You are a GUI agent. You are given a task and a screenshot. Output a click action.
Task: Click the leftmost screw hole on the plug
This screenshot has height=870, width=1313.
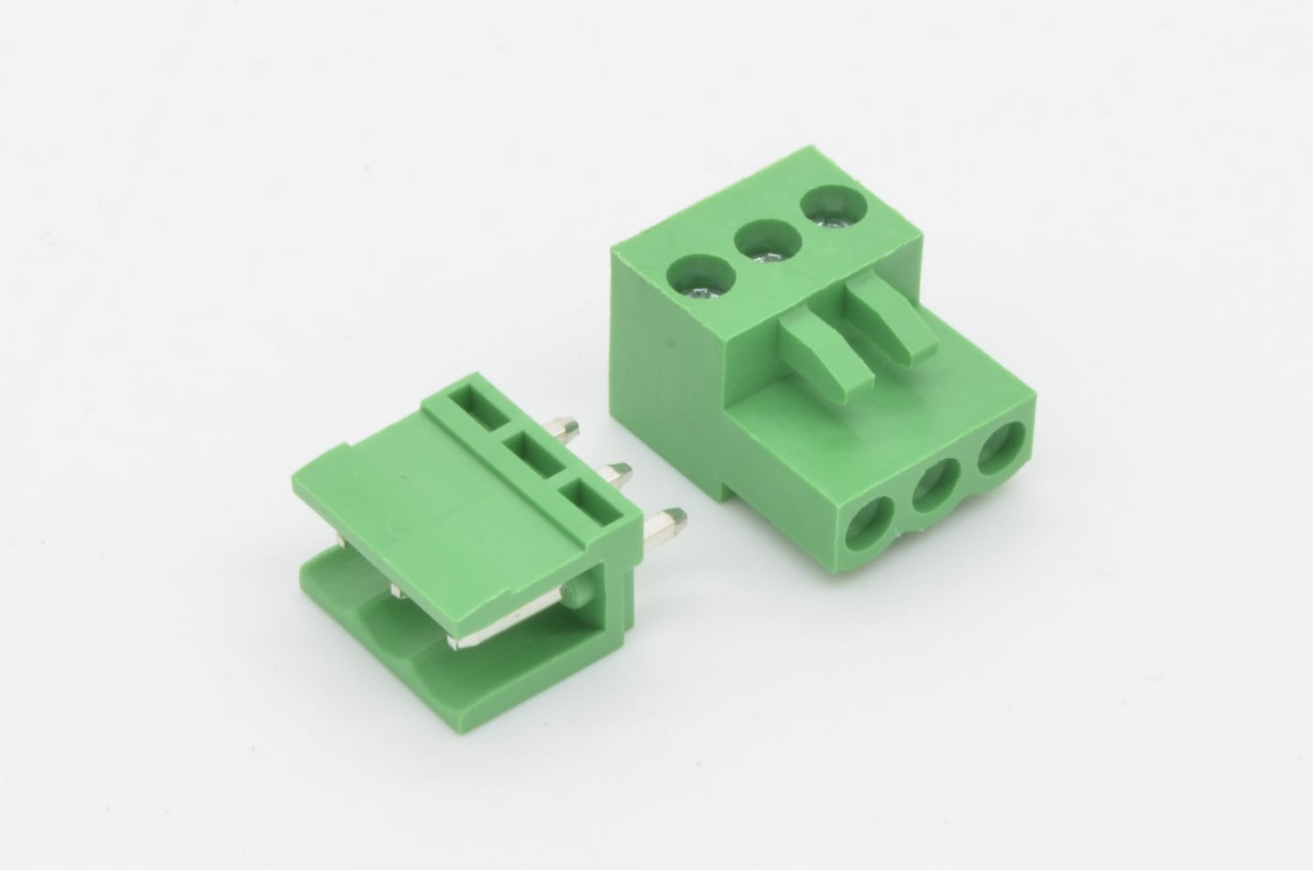click(699, 277)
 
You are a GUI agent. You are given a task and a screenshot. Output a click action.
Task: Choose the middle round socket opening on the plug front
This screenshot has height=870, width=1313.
click(938, 491)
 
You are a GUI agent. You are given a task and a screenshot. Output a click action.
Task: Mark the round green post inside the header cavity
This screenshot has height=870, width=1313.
click(574, 592)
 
